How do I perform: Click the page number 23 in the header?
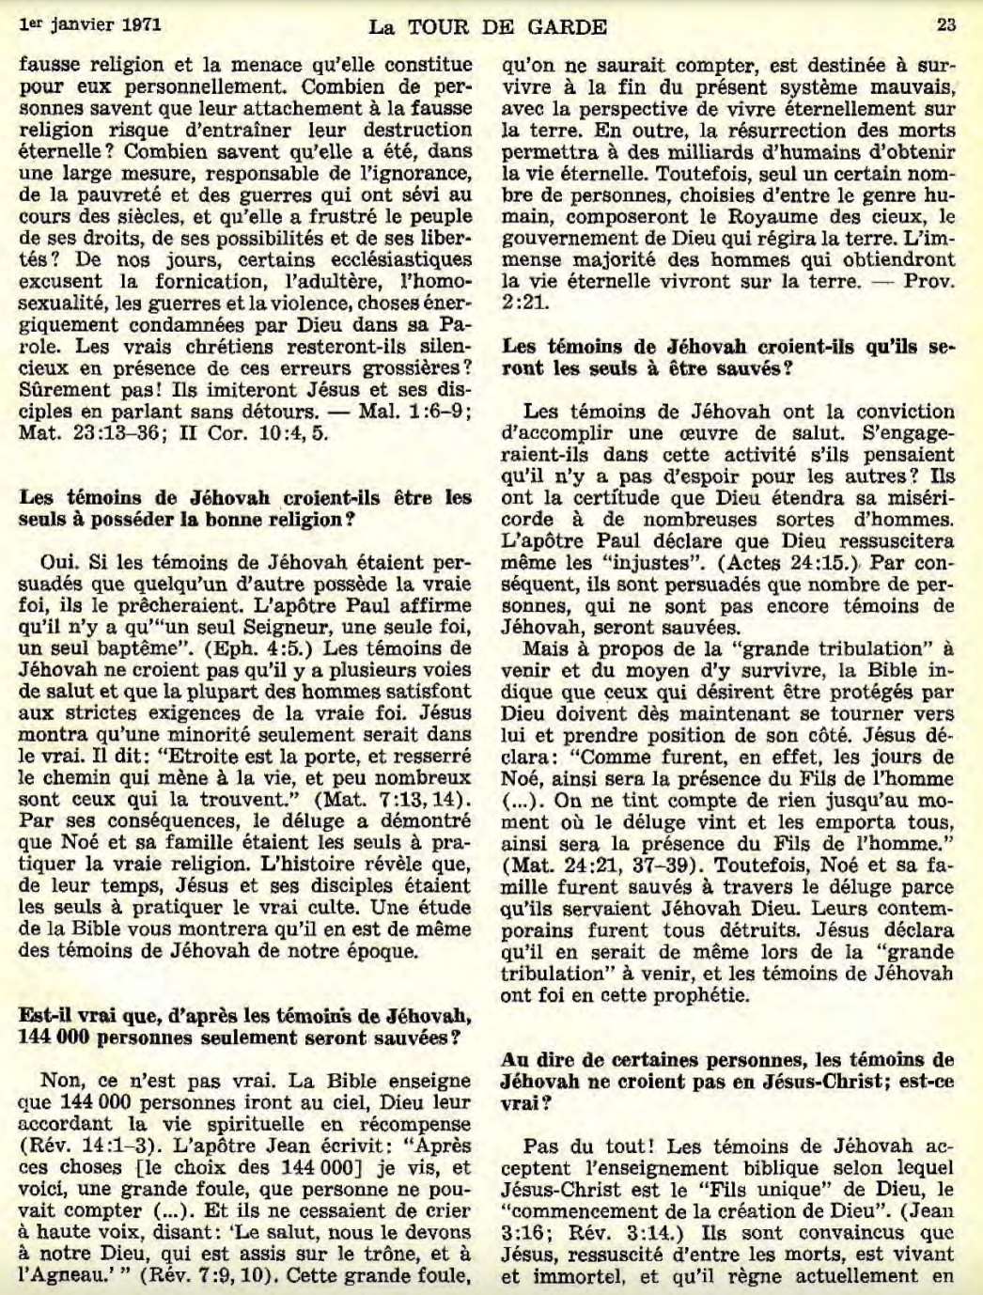point(945,25)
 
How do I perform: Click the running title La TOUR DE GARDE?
point(488,27)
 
